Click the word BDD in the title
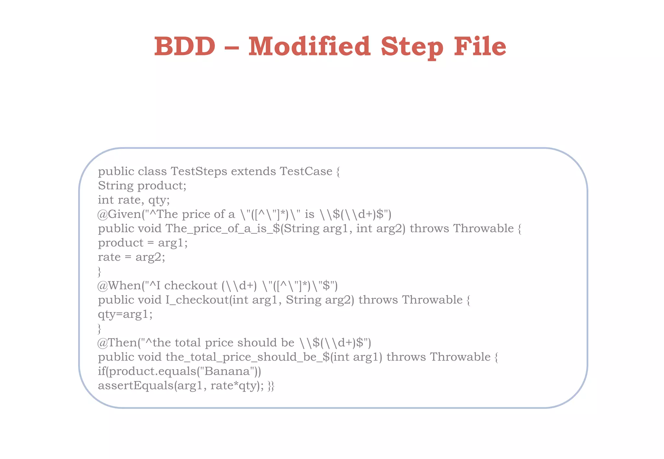click(184, 46)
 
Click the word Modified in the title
click(309, 46)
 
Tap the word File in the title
click(480, 46)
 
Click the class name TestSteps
click(199, 171)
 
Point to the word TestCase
click(306, 171)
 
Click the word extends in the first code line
click(253, 171)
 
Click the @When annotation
click(119, 285)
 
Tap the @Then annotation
click(117, 342)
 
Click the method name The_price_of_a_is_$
click(222, 229)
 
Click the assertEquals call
click(136, 386)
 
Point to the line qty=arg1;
click(125, 314)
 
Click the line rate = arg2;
click(131, 257)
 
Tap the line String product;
click(142, 186)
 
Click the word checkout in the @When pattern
click(191, 285)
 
